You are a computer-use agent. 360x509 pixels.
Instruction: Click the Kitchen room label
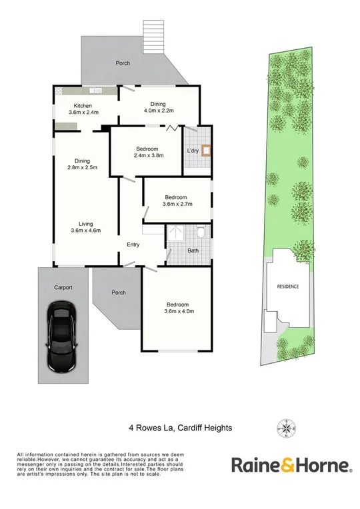pos(83,109)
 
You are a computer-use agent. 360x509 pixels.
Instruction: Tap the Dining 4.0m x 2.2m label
pos(158,107)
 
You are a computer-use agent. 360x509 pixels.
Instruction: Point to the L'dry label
pos(193,151)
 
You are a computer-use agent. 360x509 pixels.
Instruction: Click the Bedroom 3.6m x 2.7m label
pos(177,201)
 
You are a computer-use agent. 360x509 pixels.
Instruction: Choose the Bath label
pos(193,251)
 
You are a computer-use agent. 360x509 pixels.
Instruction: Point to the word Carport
pos(63,288)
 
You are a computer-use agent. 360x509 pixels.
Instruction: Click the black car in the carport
pos(61,337)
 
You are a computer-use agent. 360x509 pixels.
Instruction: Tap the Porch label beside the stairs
pos(123,63)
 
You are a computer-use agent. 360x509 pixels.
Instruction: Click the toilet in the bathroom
pos(200,233)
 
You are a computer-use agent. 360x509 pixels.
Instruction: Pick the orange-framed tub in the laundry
pos(207,150)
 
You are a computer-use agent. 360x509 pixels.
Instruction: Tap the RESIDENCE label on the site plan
pos(288,286)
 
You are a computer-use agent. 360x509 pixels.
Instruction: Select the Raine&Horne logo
pos(291,464)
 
